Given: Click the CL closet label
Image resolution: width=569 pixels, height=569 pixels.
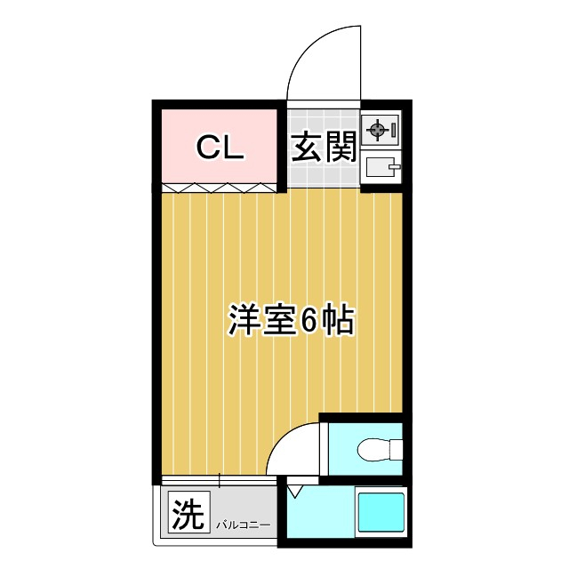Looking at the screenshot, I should coord(220,148).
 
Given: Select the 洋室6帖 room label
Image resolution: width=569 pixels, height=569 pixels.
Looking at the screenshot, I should coord(291,321).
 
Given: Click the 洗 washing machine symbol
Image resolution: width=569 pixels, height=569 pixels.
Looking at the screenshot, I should coord(187,513).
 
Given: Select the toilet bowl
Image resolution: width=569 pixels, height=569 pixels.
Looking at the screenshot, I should coord(374,452).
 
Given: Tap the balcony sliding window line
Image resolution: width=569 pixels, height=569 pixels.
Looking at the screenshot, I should coord(218,481).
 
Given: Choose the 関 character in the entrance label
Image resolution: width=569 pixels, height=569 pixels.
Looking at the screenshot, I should coord(341,148).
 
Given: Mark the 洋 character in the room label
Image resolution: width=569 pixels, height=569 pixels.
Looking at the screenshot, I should coord(244,321).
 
